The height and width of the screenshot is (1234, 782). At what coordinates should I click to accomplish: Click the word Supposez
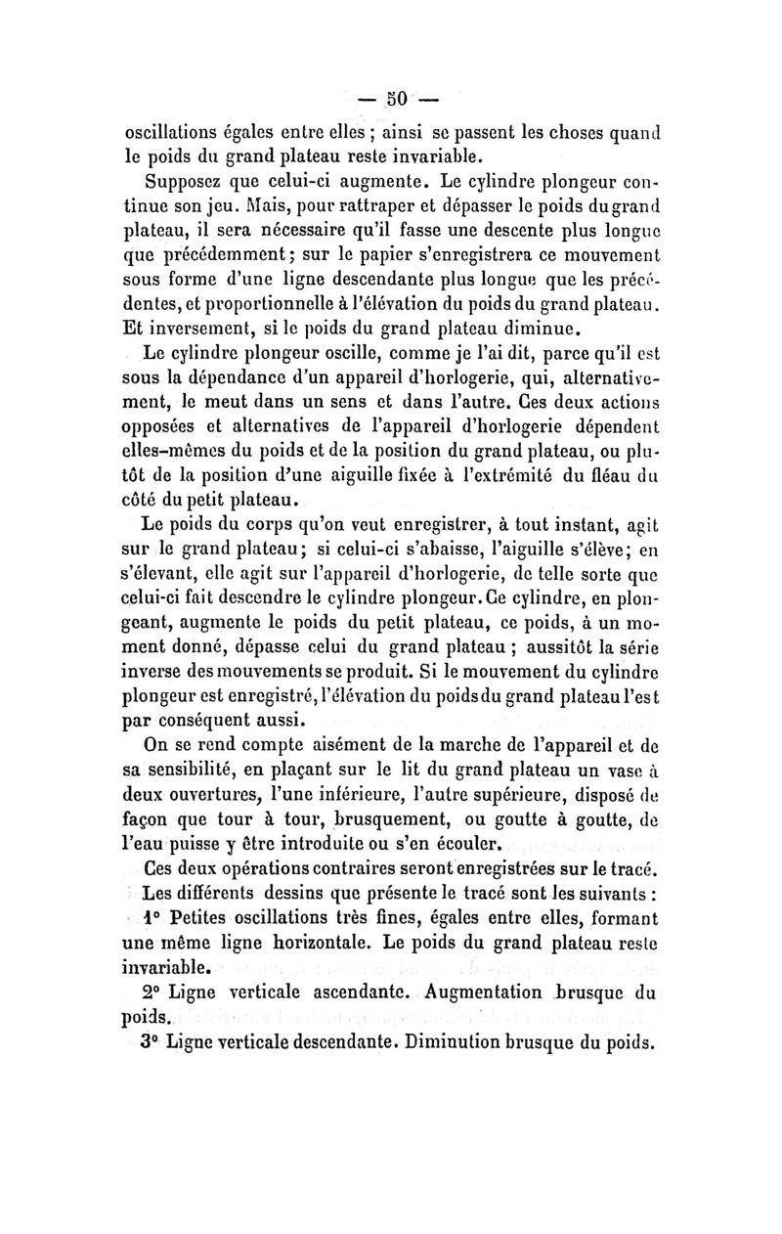click(184, 181)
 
